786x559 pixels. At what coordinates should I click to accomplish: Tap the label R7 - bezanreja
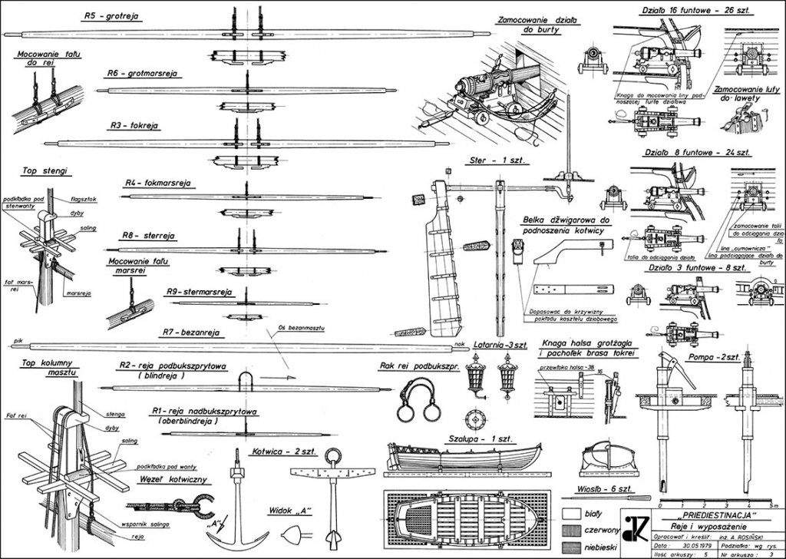[191, 332]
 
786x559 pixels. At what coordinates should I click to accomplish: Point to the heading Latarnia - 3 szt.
[499, 344]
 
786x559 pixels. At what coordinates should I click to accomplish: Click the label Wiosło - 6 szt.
[601, 489]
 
